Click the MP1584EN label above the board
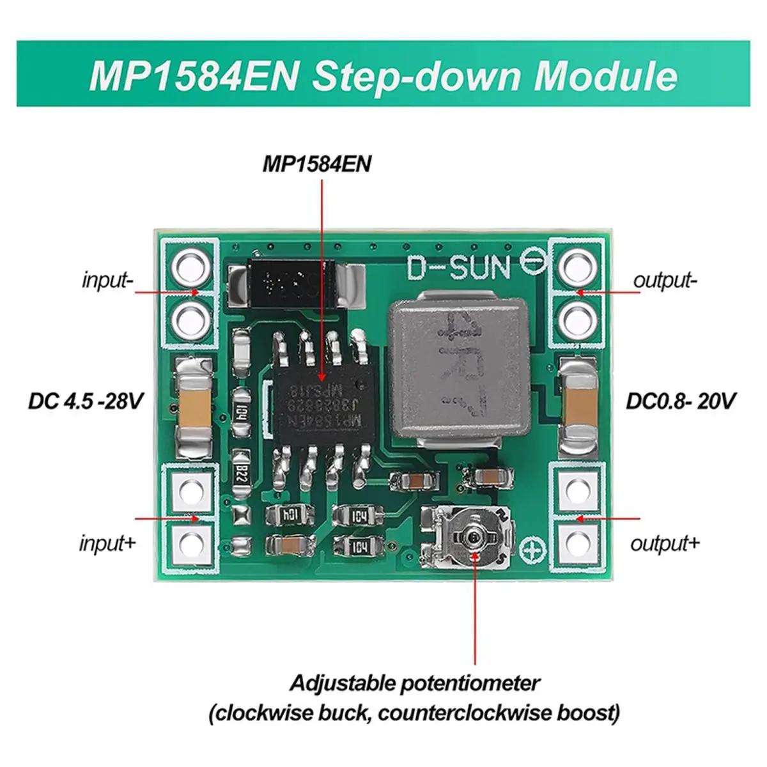click(x=316, y=164)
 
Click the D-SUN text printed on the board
click(x=458, y=268)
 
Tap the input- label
click(x=107, y=281)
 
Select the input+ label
click(x=107, y=543)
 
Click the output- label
click(x=665, y=280)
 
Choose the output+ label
click(x=665, y=543)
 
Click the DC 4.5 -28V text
click(x=86, y=401)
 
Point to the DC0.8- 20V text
click(x=681, y=401)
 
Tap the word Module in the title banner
click(x=605, y=75)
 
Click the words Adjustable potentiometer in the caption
click(x=415, y=683)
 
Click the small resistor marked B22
click(x=241, y=474)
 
